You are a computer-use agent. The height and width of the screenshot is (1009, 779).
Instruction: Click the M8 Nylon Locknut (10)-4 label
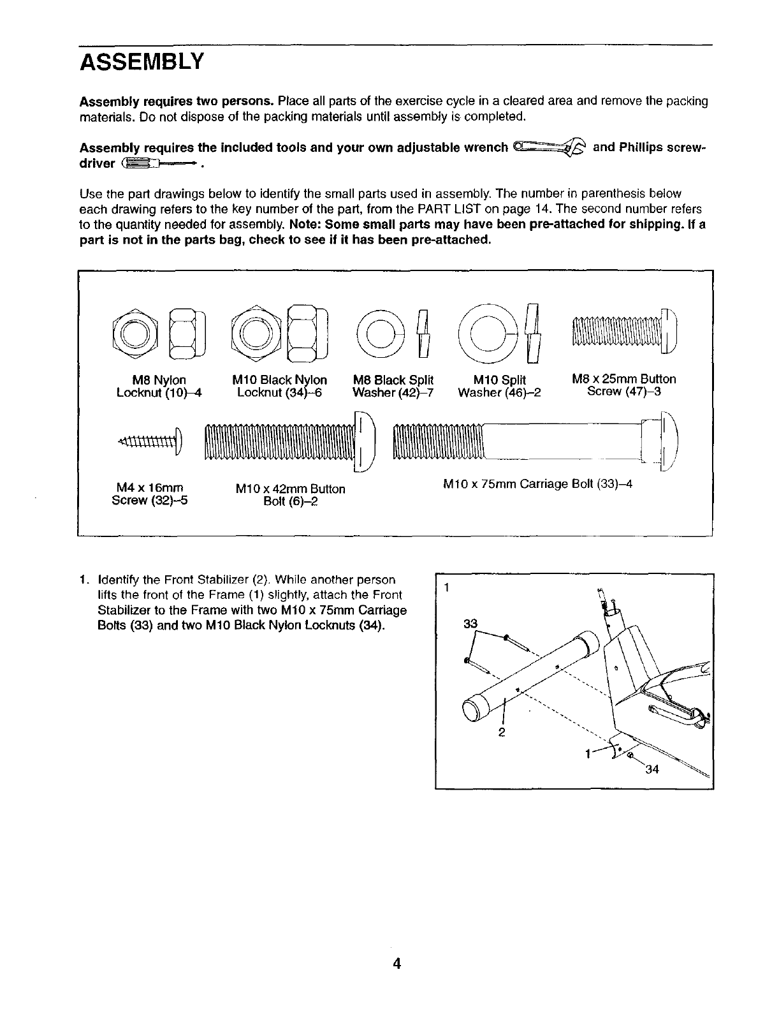click(x=159, y=386)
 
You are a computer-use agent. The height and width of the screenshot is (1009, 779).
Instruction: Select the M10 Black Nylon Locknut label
click(x=280, y=386)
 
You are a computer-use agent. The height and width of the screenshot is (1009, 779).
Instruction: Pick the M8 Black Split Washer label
click(x=393, y=386)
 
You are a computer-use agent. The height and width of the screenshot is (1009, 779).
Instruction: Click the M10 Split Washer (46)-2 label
click(x=499, y=386)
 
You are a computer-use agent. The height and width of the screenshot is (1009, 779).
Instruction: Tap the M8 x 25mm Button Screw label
click(x=624, y=385)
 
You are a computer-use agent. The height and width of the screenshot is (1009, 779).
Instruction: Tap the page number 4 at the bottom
click(x=396, y=945)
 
